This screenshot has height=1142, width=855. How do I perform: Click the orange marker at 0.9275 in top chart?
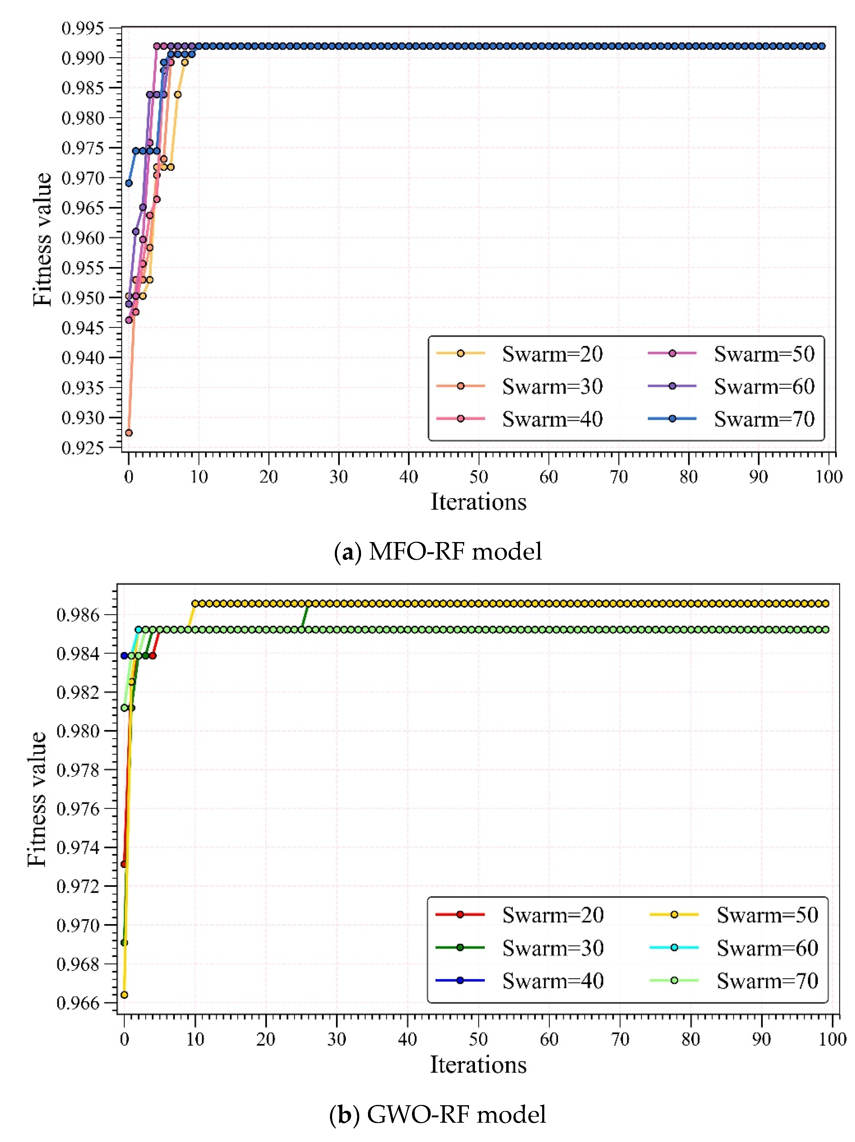[129, 433]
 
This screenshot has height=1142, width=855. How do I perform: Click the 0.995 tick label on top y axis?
[83, 28]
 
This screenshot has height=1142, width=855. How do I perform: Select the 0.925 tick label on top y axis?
[83, 448]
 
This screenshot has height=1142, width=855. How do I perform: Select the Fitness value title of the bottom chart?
[37, 799]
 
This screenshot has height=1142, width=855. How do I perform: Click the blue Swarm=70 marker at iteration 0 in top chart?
[129, 183]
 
